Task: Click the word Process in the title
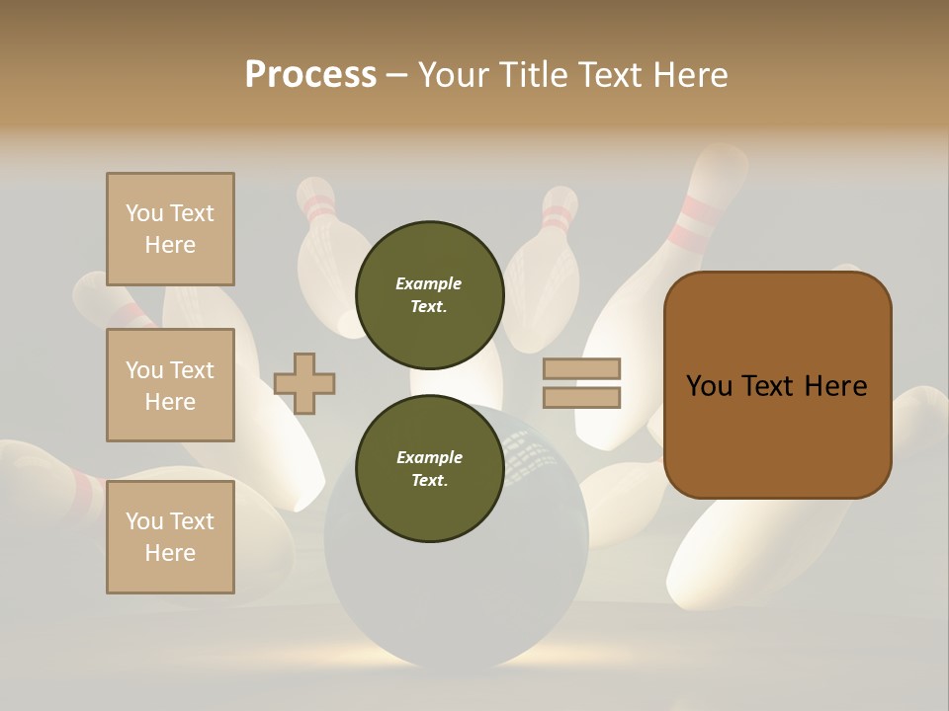310,75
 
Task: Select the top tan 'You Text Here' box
170,229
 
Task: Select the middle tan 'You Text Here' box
170,385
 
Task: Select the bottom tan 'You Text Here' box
170,537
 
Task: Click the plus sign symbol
304,383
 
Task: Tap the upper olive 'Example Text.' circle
429,294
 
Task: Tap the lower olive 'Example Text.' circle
429,468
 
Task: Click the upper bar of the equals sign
581,369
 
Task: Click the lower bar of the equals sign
581,397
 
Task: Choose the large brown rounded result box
777,385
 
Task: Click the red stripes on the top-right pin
692,223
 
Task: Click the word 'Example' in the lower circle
429,457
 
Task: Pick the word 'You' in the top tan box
144,213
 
